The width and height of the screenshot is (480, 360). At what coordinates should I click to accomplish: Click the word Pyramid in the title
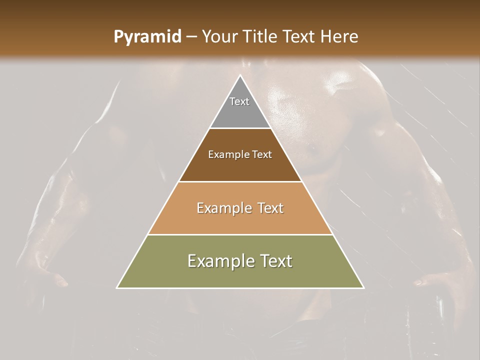point(147,37)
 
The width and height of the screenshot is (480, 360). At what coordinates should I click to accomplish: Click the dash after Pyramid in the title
point(191,37)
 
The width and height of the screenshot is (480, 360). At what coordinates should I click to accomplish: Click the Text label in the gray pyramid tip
point(239,101)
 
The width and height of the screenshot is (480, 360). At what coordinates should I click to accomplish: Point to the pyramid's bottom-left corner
point(117,287)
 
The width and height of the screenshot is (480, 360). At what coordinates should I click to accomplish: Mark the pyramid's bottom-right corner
point(363,287)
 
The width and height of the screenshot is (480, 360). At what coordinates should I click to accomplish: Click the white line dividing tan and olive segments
point(240,234)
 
